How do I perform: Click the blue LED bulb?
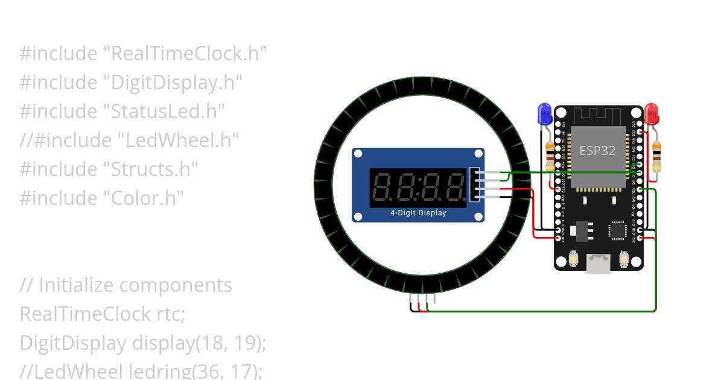click(544, 113)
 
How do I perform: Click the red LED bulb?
click(652, 113)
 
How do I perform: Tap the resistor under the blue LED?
click(550, 156)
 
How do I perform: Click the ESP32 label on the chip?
click(597, 150)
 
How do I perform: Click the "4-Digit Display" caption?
click(418, 212)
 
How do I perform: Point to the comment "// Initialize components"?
click(125, 285)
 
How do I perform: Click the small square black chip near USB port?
click(618, 230)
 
